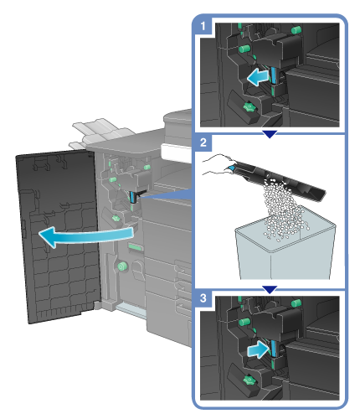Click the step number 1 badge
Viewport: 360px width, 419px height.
[203, 26]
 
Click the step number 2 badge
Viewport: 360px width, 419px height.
[203, 142]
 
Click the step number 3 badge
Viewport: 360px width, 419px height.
[203, 298]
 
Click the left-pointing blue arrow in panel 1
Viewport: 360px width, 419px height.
[258, 77]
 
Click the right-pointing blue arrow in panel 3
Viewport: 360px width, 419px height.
[259, 349]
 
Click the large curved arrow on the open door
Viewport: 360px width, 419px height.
[86, 236]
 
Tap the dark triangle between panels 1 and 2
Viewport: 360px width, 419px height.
[270, 134]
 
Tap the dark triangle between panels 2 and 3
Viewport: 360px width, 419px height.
[270, 290]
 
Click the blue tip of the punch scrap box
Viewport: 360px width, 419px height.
[232, 168]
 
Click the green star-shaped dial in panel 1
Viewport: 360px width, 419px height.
[249, 106]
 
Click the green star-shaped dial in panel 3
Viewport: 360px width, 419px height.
[249, 380]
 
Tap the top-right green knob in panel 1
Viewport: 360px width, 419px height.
[296, 29]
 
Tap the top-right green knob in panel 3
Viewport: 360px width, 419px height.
[296, 303]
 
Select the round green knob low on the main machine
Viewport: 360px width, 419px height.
[121, 266]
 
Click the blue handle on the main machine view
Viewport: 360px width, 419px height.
[132, 197]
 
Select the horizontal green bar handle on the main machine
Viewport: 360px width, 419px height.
[136, 247]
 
